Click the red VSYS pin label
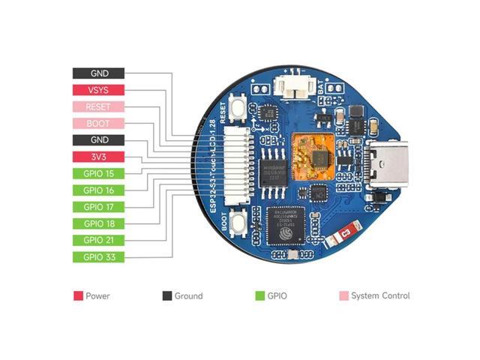98,90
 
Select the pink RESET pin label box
98,106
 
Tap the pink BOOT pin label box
98,123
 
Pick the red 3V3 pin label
98,157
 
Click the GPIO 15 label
98,173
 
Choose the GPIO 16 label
98,190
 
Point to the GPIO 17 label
98,207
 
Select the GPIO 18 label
98,223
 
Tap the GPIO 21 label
98,240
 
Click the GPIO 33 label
98,257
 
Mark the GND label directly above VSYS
98,73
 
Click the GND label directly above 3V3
98,140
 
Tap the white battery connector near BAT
293,87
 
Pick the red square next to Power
78,296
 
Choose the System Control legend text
380,296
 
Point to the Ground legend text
188,296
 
